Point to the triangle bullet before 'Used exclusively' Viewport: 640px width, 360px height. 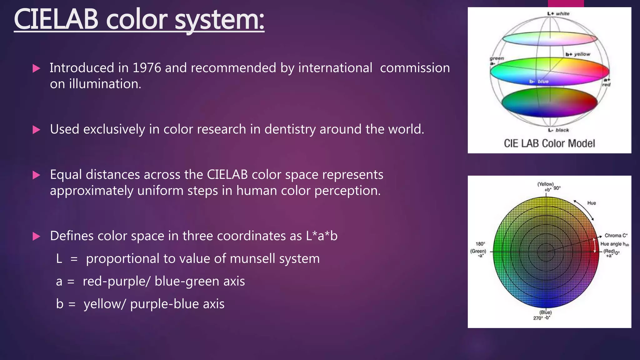click(x=36, y=130)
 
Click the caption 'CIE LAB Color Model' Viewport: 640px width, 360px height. click(x=549, y=143)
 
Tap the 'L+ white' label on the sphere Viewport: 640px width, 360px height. click(x=558, y=14)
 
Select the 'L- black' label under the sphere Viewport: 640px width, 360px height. click(x=558, y=130)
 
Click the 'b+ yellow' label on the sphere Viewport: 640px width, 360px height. click(x=577, y=54)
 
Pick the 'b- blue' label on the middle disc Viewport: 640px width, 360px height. click(x=539, y=82)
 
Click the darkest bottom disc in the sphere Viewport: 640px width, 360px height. click(x=549, y=102)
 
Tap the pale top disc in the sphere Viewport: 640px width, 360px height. click(x=549, y=39)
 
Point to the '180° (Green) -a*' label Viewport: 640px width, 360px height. click(x=478, y=249)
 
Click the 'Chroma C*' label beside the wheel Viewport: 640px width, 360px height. click(x=616, y=236)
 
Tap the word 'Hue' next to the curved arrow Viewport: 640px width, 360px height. click(x=592, y=203)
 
